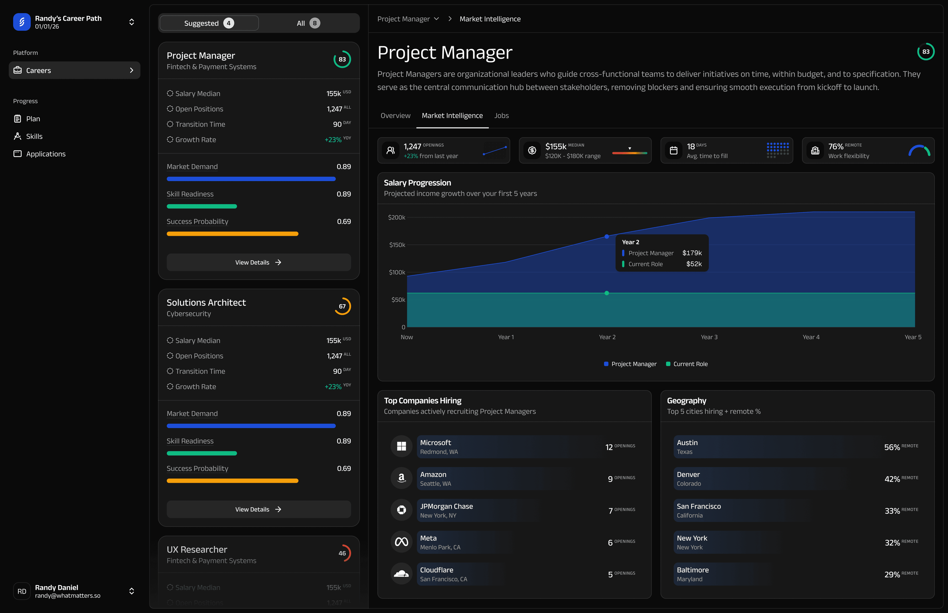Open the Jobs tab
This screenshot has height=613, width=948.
pyautogui.click(x=501, y=115)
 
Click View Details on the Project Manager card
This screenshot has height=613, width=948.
pyautogui.click(x=258, y=262)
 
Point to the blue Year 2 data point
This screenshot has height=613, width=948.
pyautogui.click(x=607, y=236)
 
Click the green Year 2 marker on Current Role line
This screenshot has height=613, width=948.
pyautogui.click(x=607, y=293)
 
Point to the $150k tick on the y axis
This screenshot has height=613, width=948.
pyautogui.click(x=397, y=245)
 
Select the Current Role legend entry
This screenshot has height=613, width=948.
pyautogui.click(x=687, y=364)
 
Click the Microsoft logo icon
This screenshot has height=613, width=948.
pyautogui.click(x=401, y=446)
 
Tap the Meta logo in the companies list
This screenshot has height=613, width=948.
pyautogui.click(x=401, y=542)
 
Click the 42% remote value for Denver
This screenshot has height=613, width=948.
pyautogui.click(x=892, y=479)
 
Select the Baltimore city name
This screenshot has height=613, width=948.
pyautogui.click(x=692, y=570)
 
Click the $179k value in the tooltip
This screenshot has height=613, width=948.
pyautogui.click(x=692, y=253)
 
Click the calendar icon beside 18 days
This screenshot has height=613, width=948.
pyautogui.click(x=673, y=150)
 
